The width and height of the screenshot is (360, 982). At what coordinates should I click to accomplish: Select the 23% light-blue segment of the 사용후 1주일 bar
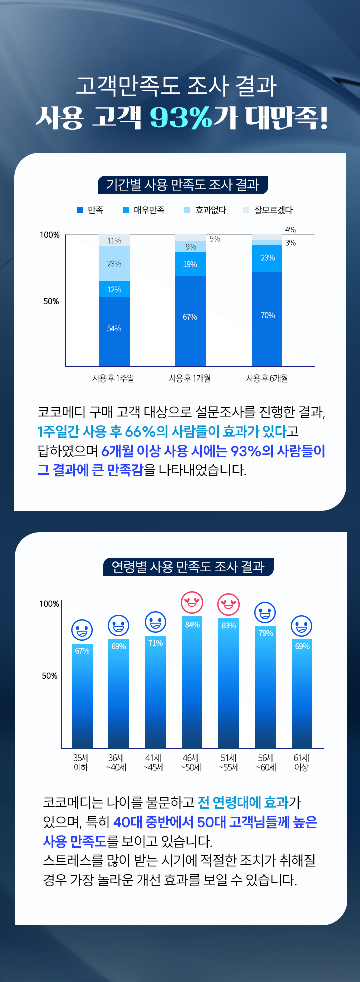(114, 264)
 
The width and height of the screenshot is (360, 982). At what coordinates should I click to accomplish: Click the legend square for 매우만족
(126, 210)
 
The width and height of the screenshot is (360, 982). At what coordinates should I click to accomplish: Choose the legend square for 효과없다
(187, 210)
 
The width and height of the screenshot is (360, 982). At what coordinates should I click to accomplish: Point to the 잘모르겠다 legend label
(273, 210)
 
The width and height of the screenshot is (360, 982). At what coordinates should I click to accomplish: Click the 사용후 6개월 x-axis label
(267, 378)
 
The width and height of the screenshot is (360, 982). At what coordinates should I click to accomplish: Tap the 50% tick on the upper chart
(51, 301)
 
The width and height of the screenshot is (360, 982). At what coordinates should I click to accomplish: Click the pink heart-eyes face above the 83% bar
(229, 604)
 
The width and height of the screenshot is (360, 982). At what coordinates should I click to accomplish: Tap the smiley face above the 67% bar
(82, 630)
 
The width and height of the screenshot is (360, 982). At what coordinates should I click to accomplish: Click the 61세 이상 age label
(301, 762)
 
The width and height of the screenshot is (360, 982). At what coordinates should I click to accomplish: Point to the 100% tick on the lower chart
(49, 604)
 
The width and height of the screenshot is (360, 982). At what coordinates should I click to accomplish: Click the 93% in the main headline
(181, 118)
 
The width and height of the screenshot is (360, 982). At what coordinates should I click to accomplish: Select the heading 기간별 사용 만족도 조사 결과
(183, 185)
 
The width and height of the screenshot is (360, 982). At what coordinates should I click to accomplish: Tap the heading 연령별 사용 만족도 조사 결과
(188, 567)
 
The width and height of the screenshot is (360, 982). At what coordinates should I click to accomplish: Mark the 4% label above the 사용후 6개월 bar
(290, 230)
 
